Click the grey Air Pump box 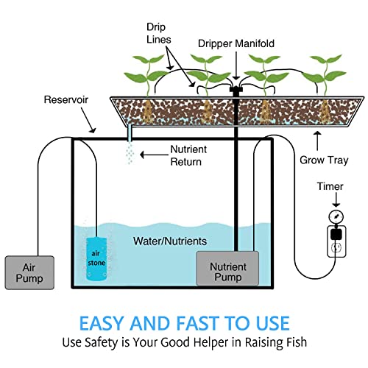[29, 272]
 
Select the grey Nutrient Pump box [227, 269]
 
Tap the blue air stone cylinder [96, 259]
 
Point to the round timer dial [336, 216]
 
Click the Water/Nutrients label [170, 241]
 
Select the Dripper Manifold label [236, 43]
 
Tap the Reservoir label [66, 99]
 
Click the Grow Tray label [324, 160]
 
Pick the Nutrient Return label [188, 155]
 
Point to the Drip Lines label [158, 33]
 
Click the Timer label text [330, 186]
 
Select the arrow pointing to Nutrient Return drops [154, 155]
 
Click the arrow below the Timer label [336, 199]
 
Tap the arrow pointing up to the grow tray [318, 141]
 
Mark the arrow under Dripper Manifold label [236, 66]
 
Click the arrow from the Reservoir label [88, 120]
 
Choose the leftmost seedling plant [147, 76]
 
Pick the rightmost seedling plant [325, 75]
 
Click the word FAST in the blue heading [197, 323]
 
